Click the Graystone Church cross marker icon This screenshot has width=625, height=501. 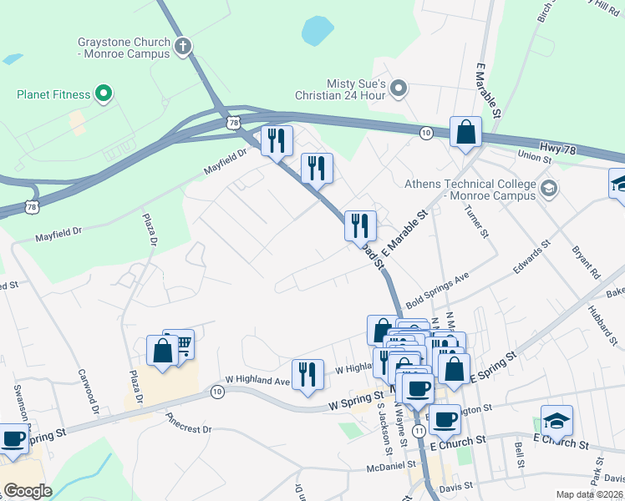182,46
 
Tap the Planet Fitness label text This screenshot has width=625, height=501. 53,94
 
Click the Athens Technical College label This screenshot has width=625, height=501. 469,190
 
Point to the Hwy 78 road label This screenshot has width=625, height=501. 557,148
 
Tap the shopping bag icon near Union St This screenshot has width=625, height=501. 465,133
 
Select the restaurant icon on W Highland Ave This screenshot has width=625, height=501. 307,375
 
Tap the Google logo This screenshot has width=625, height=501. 28,490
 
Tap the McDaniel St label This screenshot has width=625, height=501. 391,467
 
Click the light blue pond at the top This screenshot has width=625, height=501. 318,32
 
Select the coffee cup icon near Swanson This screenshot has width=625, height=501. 13,439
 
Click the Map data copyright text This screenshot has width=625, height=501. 589,494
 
